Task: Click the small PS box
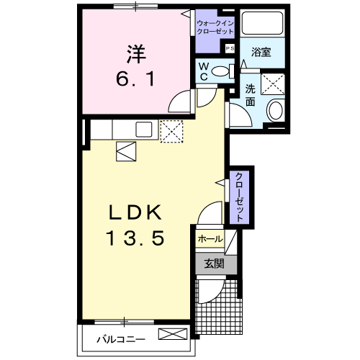230,48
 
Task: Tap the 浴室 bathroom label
261,53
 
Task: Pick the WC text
204,71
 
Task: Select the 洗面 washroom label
250,95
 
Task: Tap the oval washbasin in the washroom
275,111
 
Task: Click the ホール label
209,238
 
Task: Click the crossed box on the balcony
173,335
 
